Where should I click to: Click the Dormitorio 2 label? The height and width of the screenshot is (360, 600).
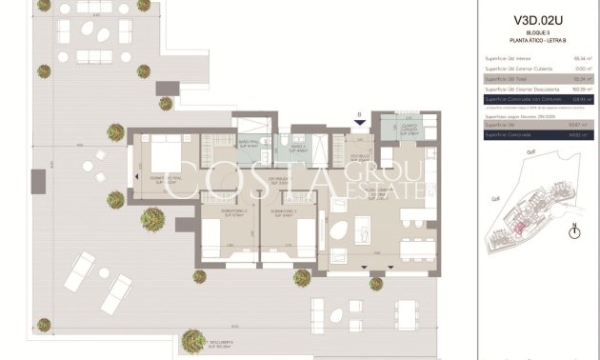tap(233, 212)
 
